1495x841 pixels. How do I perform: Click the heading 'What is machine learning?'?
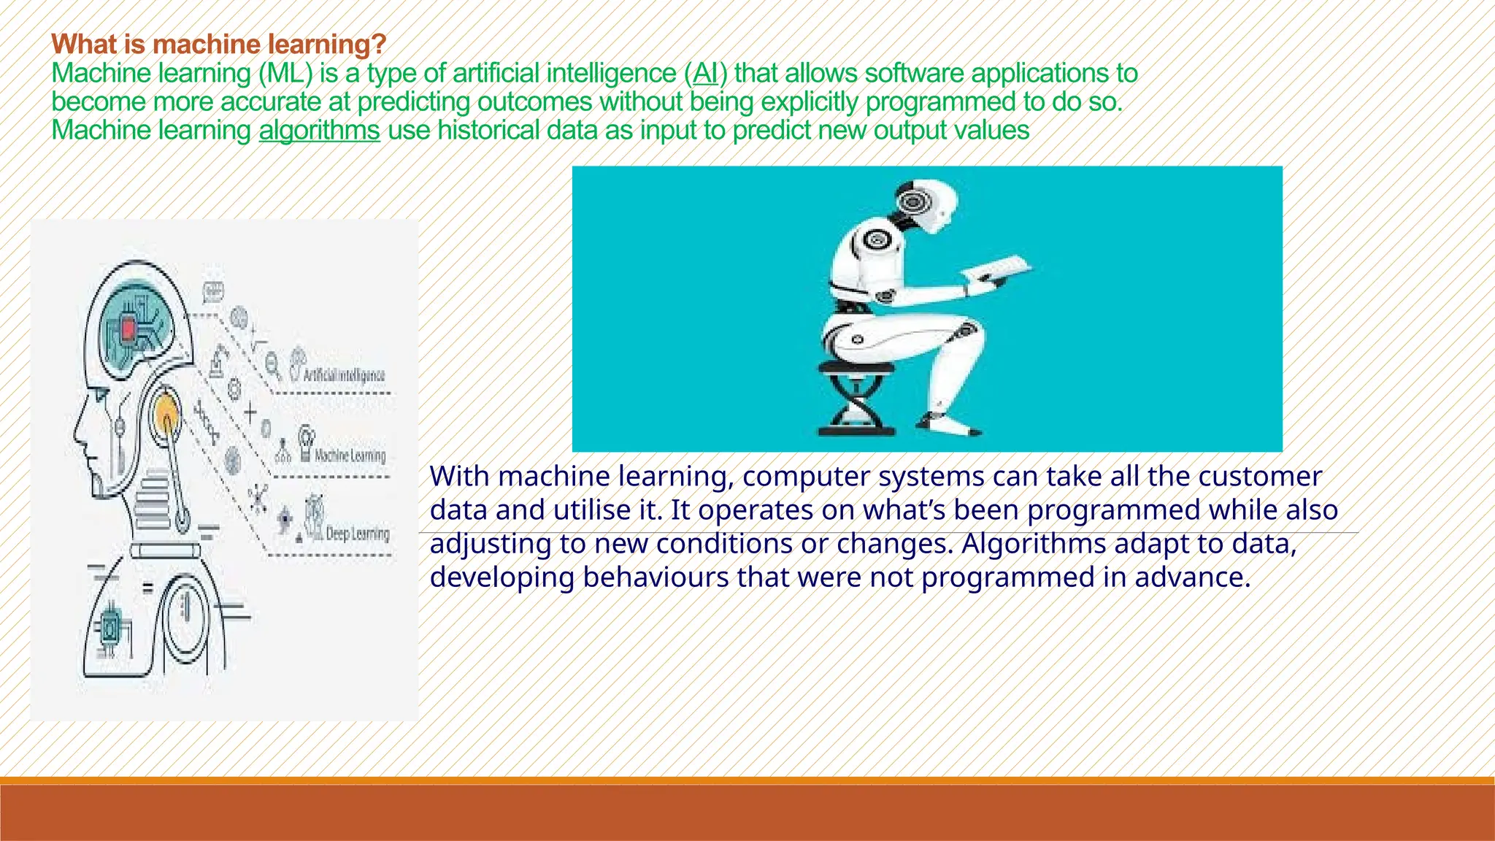pyautogui.click(x=218, y=45)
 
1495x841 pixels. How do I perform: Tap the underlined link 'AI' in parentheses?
pyautogui.click(x=705, y=73)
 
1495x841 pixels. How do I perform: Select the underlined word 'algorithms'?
pyautogui.click(x=319, y=131)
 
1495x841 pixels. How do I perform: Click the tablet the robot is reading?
pyautogui.click(x=997, y=269)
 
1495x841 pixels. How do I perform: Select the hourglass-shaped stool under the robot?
pyautogui.click(x=856, y=400)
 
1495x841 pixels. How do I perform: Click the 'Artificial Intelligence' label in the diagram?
pyautogui.click(x=343, y=375)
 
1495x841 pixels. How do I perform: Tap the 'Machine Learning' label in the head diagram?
pyautogui.click(x=350, y=456)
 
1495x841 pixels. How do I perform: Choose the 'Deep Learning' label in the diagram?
pyautogui.click(x=357, y=534)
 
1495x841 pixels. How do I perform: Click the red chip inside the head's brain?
pyautogui.click(x=129, y=330)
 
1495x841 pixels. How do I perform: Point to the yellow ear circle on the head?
pyautogui.click(x=167, y=412)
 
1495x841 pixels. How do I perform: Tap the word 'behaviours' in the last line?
pyautogui.click(x=656, y=577)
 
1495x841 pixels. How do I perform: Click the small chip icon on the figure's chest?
pyautogui.click(x=110, y=626)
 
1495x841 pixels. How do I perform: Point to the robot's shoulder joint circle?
pyautogui.click(x=875, y=239)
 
